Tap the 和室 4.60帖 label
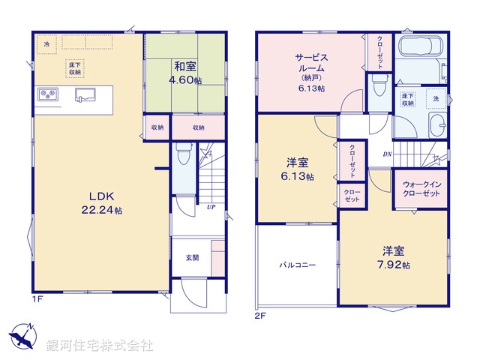pos(184,72)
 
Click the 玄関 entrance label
pos(193,258)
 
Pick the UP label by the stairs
pos(213,207)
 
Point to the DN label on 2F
pos(387,154)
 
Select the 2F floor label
pos(260,316)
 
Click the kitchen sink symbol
pos(85,94)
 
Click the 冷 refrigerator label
pos(46,44)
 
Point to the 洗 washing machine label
pos(435,98)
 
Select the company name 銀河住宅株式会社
pos(100,346)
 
